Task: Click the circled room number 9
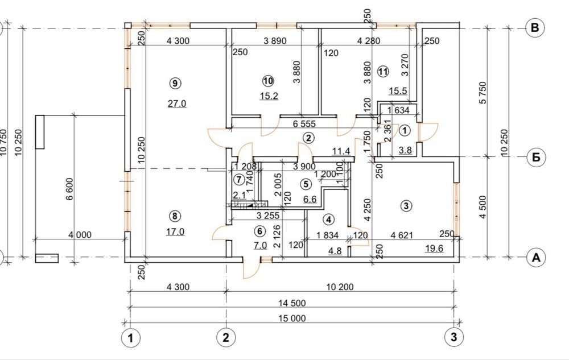click(x=175, y=84)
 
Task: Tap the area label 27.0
click(x=177, y=104)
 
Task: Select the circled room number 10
click(x=268, y=81)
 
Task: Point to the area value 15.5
click(x=398, y=90)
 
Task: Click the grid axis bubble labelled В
click(x=535, y=28)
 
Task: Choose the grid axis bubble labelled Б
click(x=536, y=158)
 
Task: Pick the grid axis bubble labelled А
click(x=536, y=258)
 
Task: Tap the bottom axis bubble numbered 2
click(x=226, y=338)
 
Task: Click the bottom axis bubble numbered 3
click(x=454, y=337)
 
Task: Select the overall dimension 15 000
click(x=292, y=318)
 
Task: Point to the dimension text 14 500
click(x=292, y=303)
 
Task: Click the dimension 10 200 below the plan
click(x=340, y=287)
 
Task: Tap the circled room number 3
click(x=406, y=206)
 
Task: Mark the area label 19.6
click(x=434, y=249)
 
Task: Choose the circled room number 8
click(x=175, y=216)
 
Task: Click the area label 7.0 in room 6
click(x=260, y=246)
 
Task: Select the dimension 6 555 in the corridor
click(x=304, y=124)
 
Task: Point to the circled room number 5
click(x=306, y=184)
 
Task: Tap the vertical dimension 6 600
click(x=69, y=188)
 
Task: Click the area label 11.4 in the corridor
click(x=341, y=151)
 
